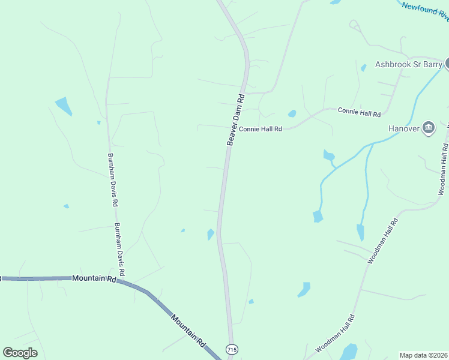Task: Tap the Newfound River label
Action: [426, 11]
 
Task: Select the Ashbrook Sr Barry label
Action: [408, 64]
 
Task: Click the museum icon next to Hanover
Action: [429, 128]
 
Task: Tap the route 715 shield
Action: [232, 349]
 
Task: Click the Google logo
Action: [20, 352]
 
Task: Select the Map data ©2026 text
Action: [423, 355]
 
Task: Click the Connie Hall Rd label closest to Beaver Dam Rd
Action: [260, 128]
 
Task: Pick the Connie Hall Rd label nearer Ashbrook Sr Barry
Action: [359, 112]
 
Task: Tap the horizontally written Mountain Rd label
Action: [94, 278]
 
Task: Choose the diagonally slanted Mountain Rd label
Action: [188, 329]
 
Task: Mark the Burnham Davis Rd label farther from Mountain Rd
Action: [112, 179]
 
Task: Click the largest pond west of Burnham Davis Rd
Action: [64, 106]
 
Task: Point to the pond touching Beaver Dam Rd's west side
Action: [211, 234]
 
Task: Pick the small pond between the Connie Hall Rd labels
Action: [292, 113]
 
